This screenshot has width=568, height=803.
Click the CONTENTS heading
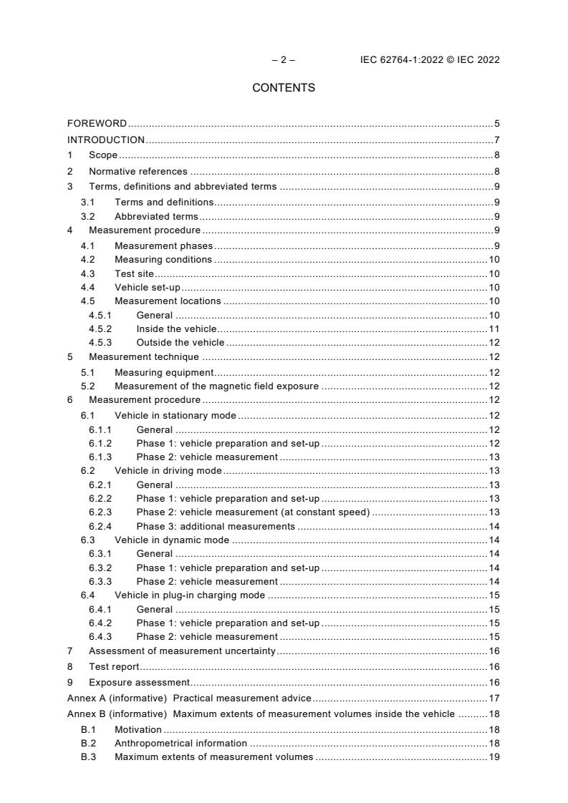284,88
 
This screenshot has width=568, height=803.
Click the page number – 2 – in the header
284,60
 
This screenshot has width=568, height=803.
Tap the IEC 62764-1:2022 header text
430,60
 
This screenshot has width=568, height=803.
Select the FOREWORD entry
97,124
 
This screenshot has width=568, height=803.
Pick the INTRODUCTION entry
106,140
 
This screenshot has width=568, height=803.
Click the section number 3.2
89,217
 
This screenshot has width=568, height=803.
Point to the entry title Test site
135,273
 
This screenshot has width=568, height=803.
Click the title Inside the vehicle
176,328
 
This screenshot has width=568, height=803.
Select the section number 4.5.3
100,343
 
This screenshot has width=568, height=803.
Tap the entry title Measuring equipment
164,372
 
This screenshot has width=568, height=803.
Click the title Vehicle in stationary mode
175,416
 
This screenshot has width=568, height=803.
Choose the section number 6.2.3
100,512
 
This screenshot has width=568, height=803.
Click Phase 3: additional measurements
216,526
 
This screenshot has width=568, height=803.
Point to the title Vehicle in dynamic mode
172,540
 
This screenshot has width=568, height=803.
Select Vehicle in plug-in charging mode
190,595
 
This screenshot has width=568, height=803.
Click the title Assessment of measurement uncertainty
182,651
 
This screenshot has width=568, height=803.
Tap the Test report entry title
114,667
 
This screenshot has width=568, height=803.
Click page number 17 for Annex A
494,698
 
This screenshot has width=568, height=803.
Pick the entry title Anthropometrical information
181,744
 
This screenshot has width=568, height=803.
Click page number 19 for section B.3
494,757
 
